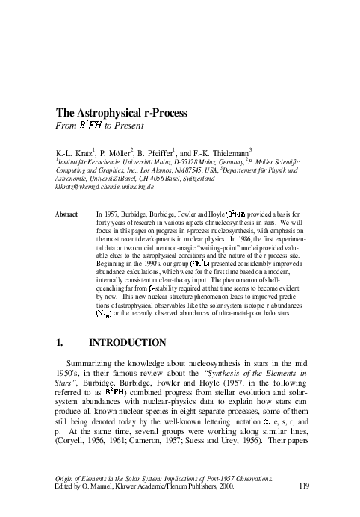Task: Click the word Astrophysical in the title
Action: point(113,114)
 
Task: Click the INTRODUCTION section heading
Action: point(127,344)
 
